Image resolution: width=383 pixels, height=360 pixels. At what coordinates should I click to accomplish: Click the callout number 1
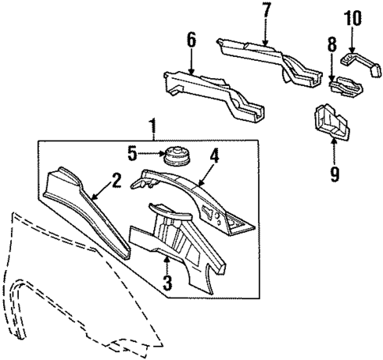[x=152, y=125]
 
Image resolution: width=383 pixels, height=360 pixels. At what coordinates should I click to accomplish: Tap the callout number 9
[x=335, y=171]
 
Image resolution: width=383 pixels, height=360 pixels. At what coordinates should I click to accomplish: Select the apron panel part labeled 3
[x=178, y=245]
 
